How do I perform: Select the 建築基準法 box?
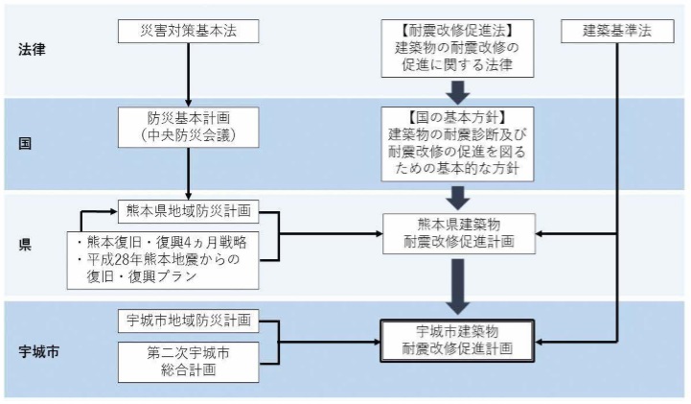(613, 31)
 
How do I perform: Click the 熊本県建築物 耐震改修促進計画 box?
(457, 233)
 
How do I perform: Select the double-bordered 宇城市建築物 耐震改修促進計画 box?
(457, 340)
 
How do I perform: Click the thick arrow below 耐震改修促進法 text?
(457, 92)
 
